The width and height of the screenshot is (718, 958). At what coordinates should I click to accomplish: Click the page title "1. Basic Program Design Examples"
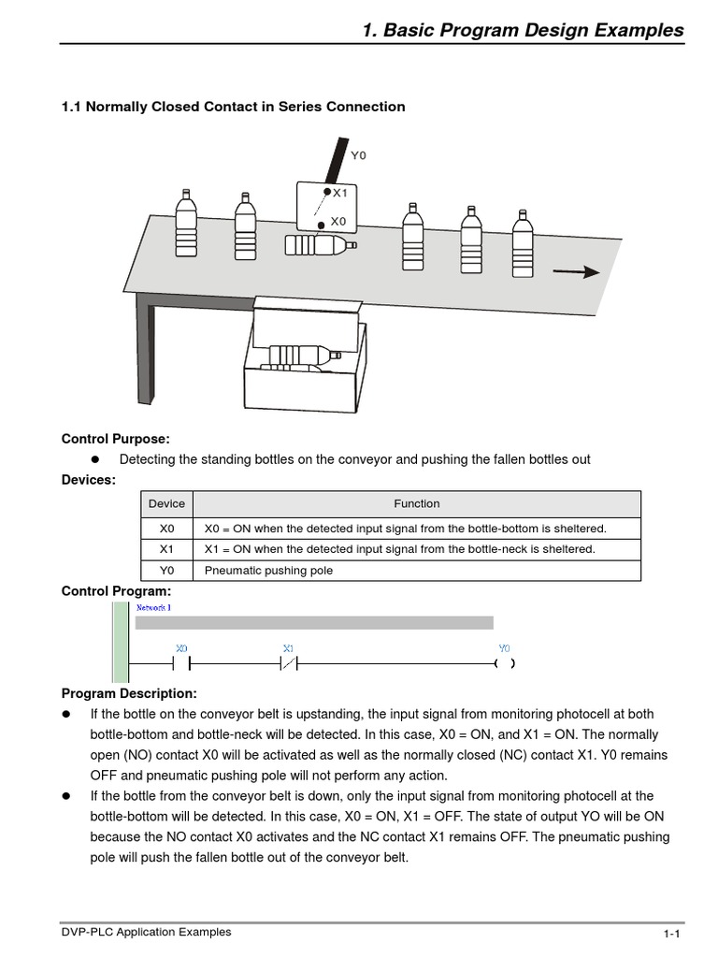[x=522, y=30]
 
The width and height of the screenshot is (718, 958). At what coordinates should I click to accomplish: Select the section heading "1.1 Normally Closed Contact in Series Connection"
[x=233, y=107]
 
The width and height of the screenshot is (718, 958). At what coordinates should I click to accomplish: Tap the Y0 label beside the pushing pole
[x=358, y=155]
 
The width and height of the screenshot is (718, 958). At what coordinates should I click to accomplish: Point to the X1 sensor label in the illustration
[x=340, y=194]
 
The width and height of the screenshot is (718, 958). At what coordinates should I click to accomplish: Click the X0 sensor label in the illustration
[x=338, y=222]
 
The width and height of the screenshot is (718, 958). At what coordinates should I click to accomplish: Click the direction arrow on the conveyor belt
[x=576, y=271]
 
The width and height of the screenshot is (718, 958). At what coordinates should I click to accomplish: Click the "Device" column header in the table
[x=166, y=503]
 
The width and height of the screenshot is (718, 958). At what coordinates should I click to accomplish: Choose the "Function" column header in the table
[x=416, y=503]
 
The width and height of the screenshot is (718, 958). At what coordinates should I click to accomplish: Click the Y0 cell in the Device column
[x=166, y=571]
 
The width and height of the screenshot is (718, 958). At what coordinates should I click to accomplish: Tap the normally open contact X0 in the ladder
[x=182, y=663]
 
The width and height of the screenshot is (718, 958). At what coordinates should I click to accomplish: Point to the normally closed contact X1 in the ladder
[x=288, y=663]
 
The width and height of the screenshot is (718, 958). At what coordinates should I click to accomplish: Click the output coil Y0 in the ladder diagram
[x=505, y=663]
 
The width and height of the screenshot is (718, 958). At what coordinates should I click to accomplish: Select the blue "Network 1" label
[x=153, y=608]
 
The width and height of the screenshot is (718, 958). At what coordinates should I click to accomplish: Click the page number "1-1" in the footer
[x=670, y=934]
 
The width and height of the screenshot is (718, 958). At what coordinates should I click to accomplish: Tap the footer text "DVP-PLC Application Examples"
[x=146, y=932]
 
